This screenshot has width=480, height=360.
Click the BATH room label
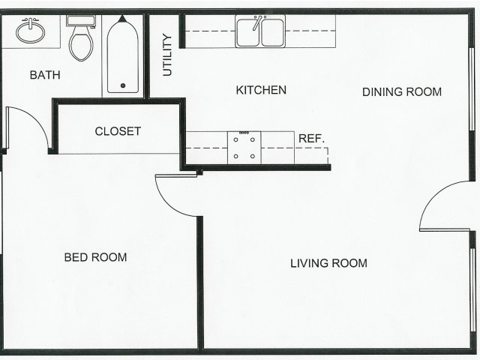[45, 75]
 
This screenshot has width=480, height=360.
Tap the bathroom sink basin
[30, 31]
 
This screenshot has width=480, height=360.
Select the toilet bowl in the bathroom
[81, 46]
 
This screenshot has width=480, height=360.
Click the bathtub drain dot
[123, 85]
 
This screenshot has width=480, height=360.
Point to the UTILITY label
[167, 55]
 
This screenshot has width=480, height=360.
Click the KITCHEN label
[261, 90]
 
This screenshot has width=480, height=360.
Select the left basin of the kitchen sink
[248, 32]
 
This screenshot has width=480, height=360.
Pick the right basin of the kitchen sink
[272, 32]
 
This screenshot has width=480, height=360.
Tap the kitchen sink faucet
[257, 22]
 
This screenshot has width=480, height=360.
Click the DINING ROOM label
[402, 91]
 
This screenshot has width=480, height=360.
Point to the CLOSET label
[118, 131]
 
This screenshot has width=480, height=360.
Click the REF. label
[311, 139]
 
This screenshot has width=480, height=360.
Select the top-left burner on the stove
[235, 140]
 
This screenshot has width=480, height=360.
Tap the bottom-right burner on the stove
[253, 156]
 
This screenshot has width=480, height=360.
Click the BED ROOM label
[95, 257]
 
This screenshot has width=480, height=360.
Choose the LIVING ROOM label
[328, 263]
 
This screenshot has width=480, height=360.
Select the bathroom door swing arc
[36, 118]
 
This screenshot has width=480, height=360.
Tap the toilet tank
[81, 21]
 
